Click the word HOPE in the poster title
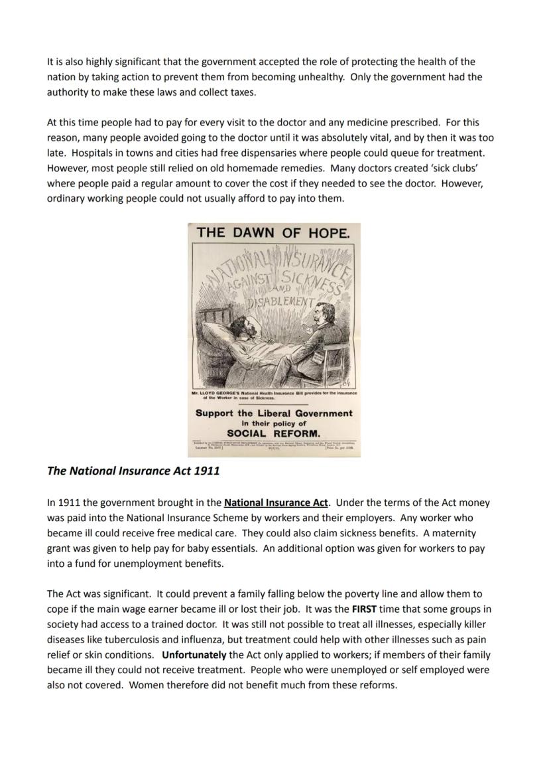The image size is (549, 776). point(329,232)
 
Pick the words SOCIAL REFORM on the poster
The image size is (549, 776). point(273,433)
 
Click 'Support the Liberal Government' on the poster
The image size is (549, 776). point(274,413)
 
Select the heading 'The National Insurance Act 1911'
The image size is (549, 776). point(133,471)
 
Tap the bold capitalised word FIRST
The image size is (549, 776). point(364,609)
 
